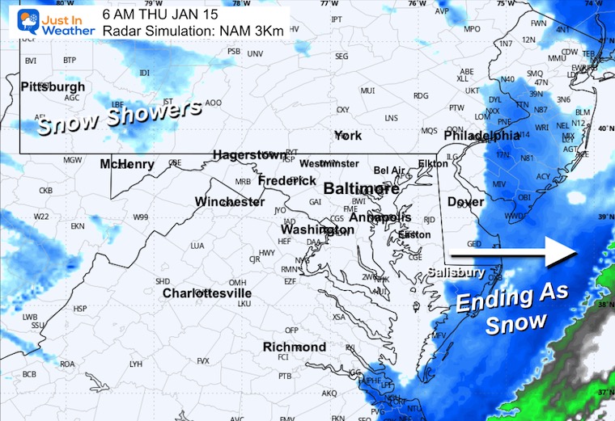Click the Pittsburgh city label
pos(53,86)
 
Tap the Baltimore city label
pos(362,189)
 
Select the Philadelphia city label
pos(481,136)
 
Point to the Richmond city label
pos(295,347)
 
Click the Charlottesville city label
pos(206,293)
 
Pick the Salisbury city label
pos(456,272)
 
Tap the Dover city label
pos(465,202)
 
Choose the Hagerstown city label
pos(249,154)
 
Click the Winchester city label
pos(230,201)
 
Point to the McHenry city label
pos(127,164)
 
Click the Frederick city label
pos(287,180)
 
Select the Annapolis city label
pos(380,217)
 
